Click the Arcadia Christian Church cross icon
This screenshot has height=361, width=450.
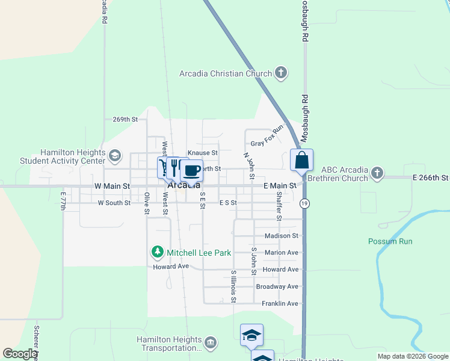(x=280, y=73)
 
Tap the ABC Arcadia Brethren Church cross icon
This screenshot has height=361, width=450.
(x=377, y=174)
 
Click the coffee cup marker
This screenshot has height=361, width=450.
(x=192, y=171)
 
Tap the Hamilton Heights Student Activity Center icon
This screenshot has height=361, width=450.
(x=114, y=157)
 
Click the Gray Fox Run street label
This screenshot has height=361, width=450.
(x=267, y=137)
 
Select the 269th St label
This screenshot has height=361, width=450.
(x=125, y=120)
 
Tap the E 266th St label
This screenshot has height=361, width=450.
(x=430, y=178)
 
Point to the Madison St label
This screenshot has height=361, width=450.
(x=277, y=236)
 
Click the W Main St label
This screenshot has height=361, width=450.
(x=112, y=187)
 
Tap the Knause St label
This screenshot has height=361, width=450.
(x=202, y=153)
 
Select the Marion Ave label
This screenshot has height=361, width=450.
(x=277, y=253)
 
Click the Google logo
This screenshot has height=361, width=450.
(x=20, y=354)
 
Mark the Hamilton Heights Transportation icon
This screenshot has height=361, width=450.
(x=211, y=344)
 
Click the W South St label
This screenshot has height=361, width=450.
(x=114, y=203)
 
